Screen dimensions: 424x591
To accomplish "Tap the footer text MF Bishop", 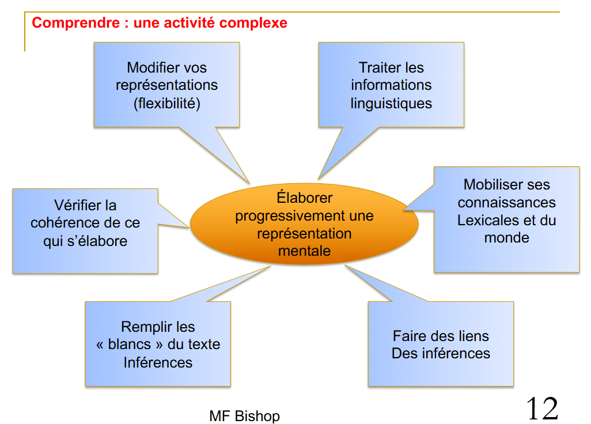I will tap(244, 416).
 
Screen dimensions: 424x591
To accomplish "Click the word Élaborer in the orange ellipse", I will tap(304, 198).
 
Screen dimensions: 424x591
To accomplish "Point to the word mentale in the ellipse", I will tap(304, 251).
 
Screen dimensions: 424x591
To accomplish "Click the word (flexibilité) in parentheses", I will tap(166, 104).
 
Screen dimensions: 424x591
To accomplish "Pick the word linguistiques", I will tap(391, 104).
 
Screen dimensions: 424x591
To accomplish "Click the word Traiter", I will tap(375, 67).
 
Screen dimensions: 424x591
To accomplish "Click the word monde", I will tap(506, 238).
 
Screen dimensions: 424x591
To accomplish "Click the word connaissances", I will tap(506, 203).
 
